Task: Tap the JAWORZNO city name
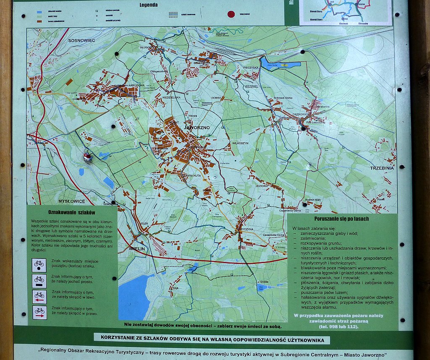197,127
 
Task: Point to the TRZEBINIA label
382,168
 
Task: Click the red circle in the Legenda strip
231,14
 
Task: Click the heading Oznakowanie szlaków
72,213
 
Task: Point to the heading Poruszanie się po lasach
341,219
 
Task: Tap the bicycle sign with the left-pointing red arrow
39,296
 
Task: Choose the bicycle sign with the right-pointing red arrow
39,312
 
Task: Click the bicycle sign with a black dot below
39,265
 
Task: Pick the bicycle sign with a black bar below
39,280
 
